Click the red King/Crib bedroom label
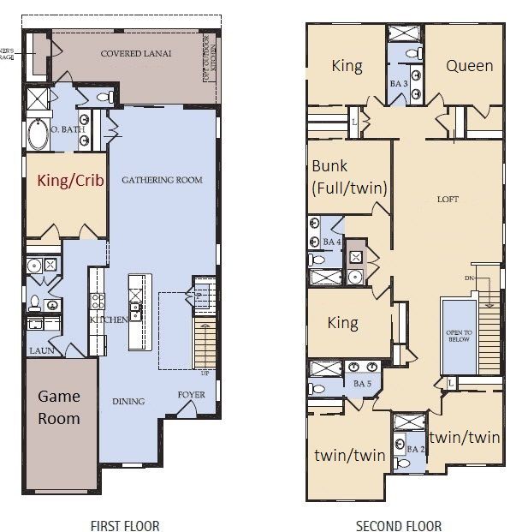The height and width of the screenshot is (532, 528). point(67,181)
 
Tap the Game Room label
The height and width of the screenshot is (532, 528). point(58,407)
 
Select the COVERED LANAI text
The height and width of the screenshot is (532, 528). point(136,53)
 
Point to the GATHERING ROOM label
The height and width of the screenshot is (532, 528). point(162,180)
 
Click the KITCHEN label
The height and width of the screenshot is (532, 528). point(109,320)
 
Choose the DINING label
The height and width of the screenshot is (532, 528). point(128,401)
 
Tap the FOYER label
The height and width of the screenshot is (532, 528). point(191,395)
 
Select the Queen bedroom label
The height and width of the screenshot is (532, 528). point(469,65)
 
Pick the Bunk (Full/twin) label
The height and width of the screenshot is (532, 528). point(347,176)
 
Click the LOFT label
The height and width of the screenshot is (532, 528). point(448,200)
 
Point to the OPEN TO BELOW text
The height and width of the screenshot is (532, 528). point(459,338)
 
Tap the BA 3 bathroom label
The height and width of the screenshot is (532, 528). point(399,84)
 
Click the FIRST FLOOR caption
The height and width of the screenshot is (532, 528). point(125,525)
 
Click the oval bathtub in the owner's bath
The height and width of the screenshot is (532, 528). point(39,134)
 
